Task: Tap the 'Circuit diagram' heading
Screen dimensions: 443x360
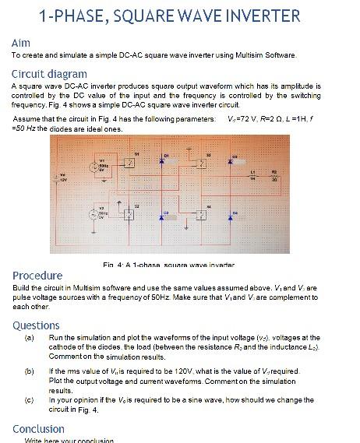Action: click(x=49, y=73)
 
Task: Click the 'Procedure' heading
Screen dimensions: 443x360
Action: click(x=37, y=276)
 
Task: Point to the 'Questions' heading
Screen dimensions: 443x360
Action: click(x=36, y=325)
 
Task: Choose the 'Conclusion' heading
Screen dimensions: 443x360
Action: click(x=38, y=429)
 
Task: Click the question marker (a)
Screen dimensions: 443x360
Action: click(x=30, y=338)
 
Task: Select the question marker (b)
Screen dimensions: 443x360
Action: click(x=30, y=371)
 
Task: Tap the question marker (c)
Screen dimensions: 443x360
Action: click(x=30, y=400)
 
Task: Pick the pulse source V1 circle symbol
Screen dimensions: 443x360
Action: click(x=101, y=167)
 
